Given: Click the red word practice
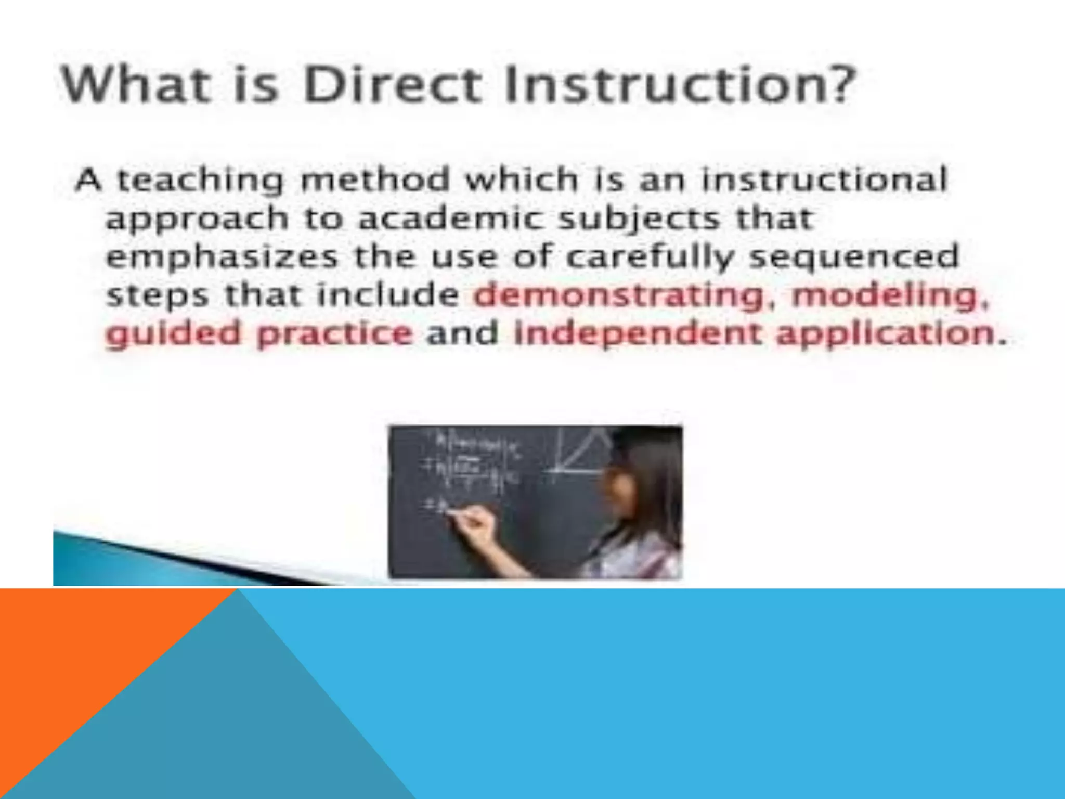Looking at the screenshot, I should pos(335,334).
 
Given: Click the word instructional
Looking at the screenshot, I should pos(824,180).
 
